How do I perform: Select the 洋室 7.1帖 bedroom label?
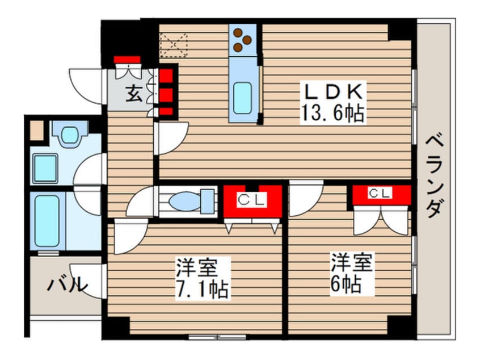click(202, 278)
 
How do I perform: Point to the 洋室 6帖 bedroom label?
click(351, 273)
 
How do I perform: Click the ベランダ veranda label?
click(435, 175)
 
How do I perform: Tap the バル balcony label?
click(68, 285)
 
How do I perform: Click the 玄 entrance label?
click(134, 94)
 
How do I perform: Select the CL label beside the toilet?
click(252, 200)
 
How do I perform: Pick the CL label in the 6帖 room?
click(380, 193)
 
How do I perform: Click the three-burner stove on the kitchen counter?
click(242, 40)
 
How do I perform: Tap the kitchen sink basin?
click(242, 98)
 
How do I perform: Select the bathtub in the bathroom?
click(47, 221)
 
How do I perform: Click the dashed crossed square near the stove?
click(174, 45)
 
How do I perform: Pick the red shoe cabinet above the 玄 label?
click(127, 60)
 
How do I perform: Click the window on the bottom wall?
click(217, 337)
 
